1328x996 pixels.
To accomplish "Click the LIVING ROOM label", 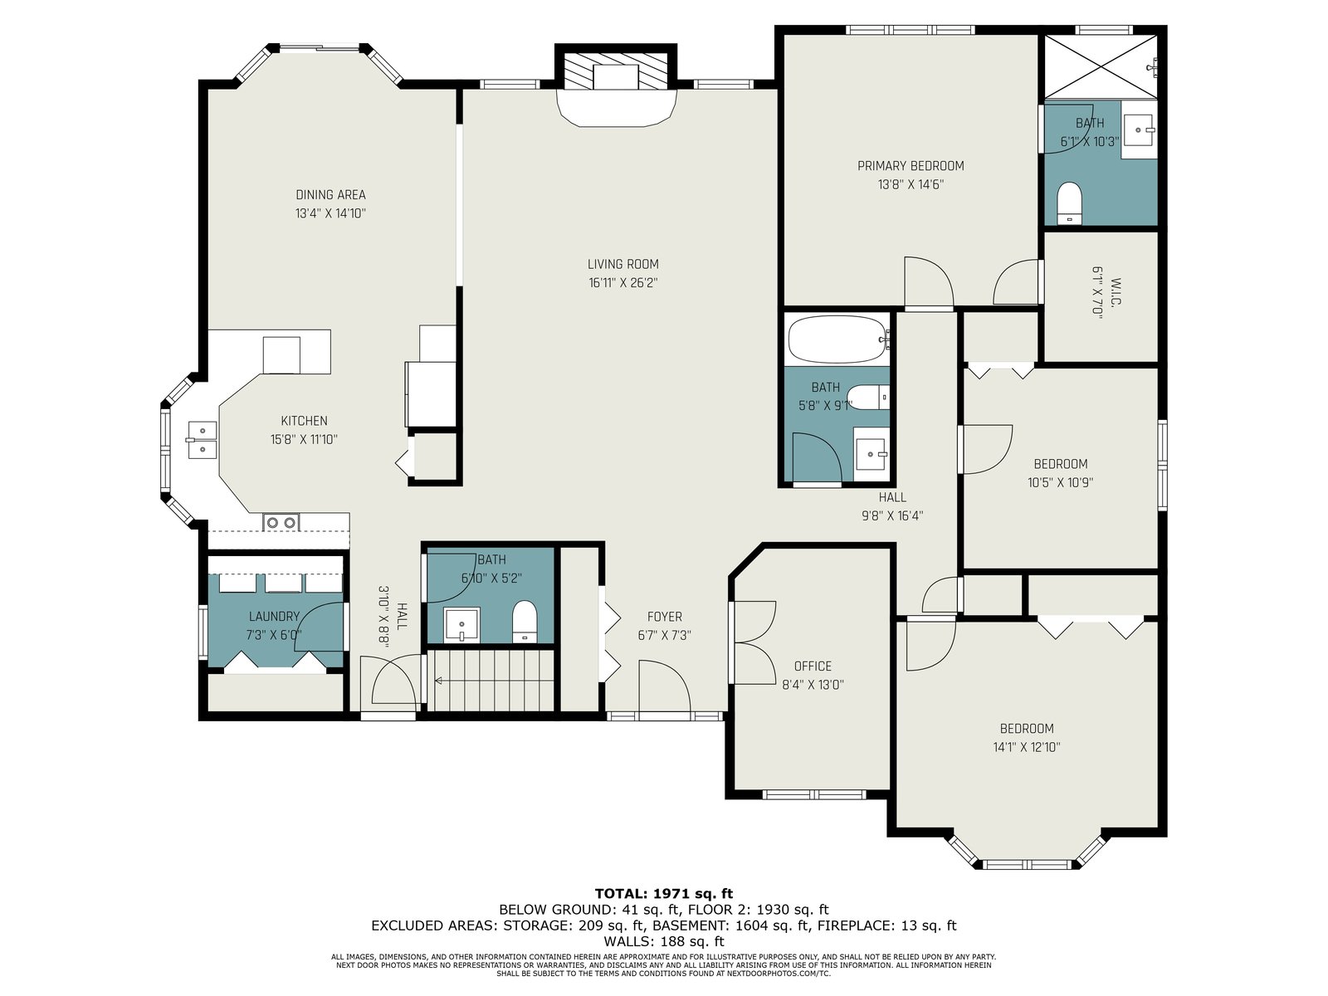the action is pyautogui.click(x=622, y=264).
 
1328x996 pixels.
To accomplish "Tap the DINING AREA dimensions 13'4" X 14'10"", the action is pyautogui.click(x=330, y=213).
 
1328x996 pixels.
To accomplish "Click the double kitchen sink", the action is pyautogui.click(x=202, y=440).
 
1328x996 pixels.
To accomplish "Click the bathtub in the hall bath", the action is pyautogui.click(x=837, y=339).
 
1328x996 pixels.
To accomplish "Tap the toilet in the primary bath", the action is pyautogui.click(x=1069, y=203).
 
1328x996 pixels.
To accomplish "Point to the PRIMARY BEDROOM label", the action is pyautogui.click(x=911, y=166).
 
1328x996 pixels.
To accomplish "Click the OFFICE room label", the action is pyautogui.click(x=813, y=666).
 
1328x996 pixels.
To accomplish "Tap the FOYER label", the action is pyautogui.click(x=664, y=617).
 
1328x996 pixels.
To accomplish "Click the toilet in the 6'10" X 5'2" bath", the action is pyautogui.click(x=525, y=621).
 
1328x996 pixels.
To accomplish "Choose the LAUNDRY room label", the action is pyautogui.click(x=274, y=616).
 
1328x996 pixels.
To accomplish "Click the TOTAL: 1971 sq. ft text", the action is pyautogui.click(x=664, y=894).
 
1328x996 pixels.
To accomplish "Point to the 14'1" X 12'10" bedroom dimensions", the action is pyautogui.click(x=1027, y=748).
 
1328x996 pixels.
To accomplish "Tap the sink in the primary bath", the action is pyautogui.click(x=1139, y=129).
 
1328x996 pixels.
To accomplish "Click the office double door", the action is pyautogui.click(x=754, y=642).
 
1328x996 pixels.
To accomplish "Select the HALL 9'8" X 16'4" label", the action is pyautogui.click(x=892, y=506).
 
